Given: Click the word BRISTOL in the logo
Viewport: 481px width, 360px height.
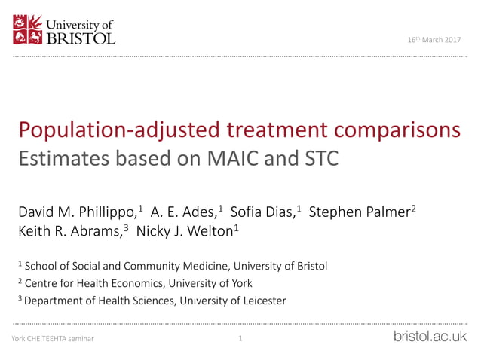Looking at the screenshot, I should click(81, 37).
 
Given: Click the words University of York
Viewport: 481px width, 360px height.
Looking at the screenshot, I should click(210, 283).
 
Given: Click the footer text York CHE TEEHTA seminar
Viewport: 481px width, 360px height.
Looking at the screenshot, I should click(53, 339).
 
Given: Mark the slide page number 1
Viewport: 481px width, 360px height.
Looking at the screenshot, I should click(240, 339).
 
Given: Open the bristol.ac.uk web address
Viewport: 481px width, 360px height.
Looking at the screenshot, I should click(430, 337).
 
